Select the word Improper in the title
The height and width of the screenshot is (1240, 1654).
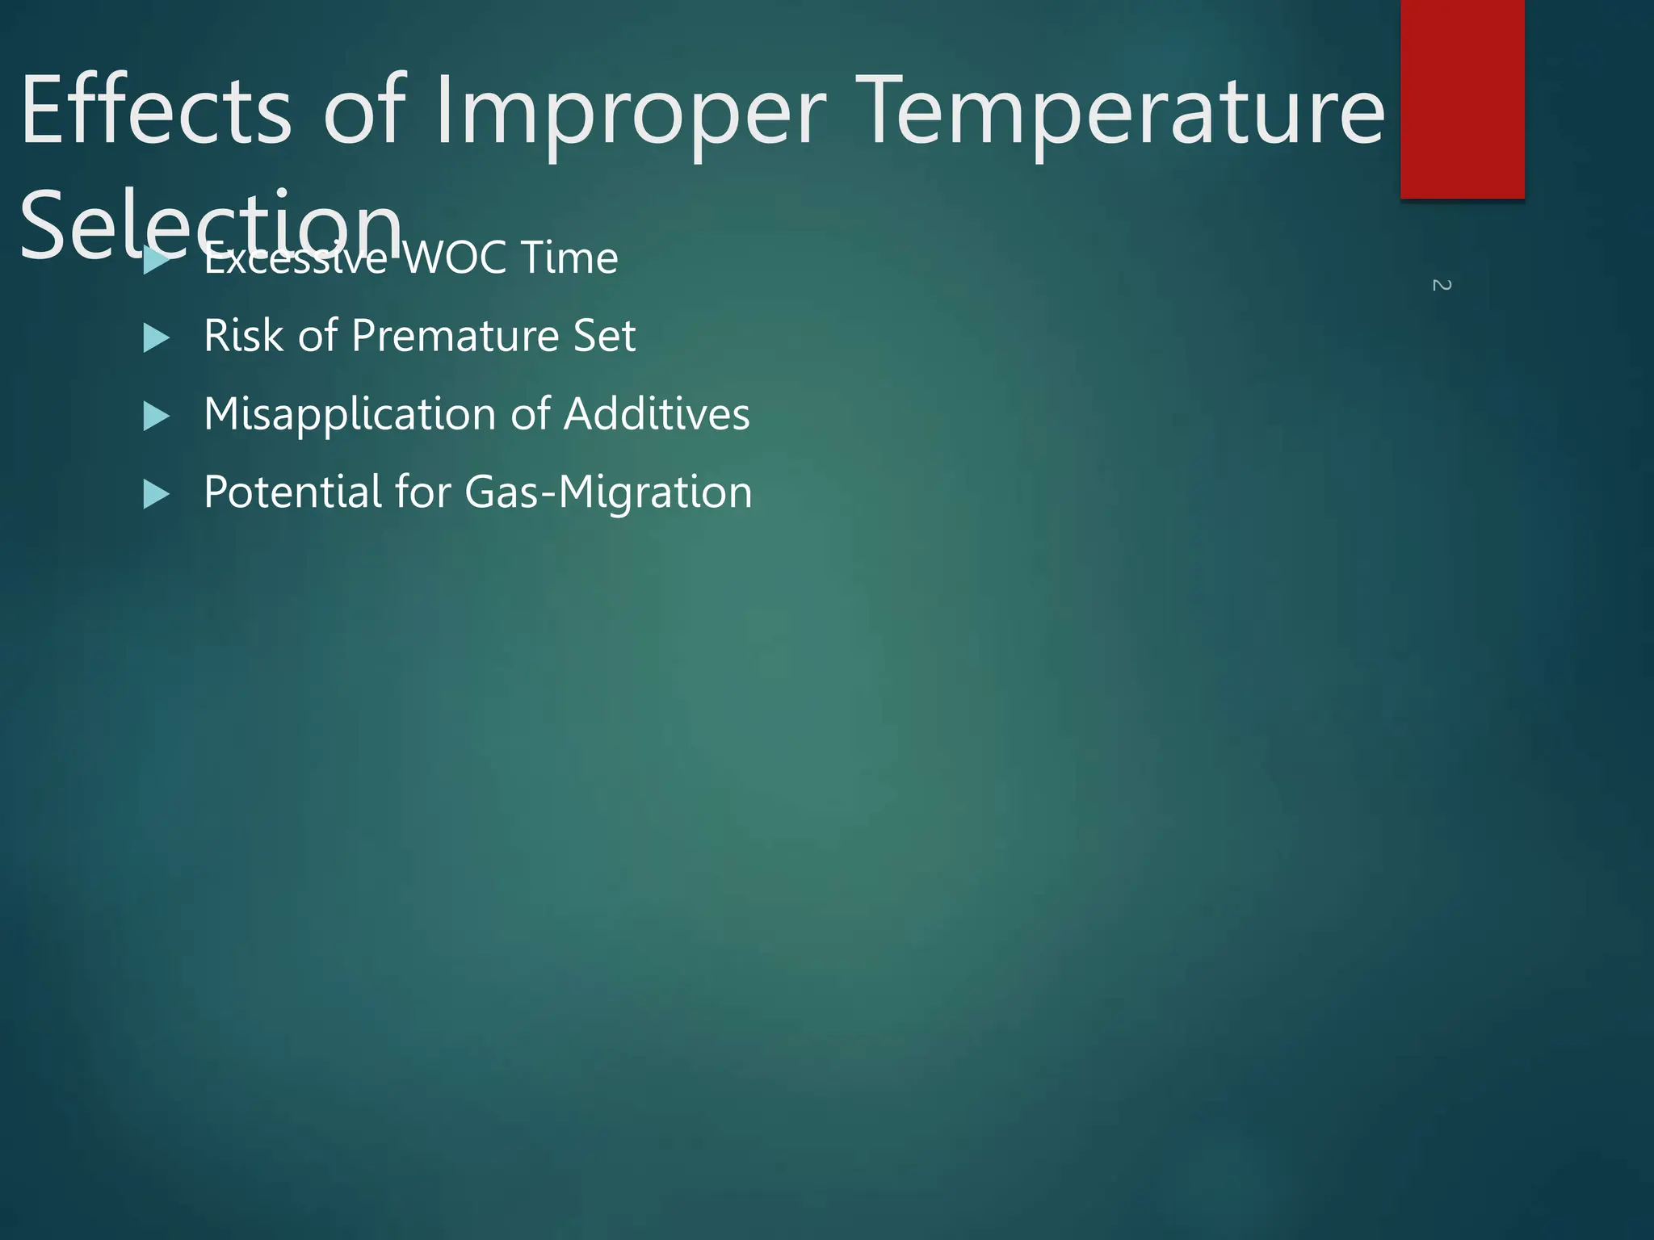point(630,113)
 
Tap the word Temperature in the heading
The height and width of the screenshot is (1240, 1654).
point(1119,113)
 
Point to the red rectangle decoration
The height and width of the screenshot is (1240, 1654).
point(1462,98)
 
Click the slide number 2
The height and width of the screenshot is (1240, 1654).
point(1442,285)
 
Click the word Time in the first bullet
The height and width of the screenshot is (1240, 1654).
point(569,258)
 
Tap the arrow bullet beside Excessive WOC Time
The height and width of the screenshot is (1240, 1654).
point(157,261)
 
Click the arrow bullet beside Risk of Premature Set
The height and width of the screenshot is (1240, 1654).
point(157,338)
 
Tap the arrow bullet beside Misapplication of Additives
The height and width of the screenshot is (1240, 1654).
point(157,417)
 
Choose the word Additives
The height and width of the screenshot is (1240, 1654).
point(657,414)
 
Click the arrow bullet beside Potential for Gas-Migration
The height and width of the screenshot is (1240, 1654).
point(157,494)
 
